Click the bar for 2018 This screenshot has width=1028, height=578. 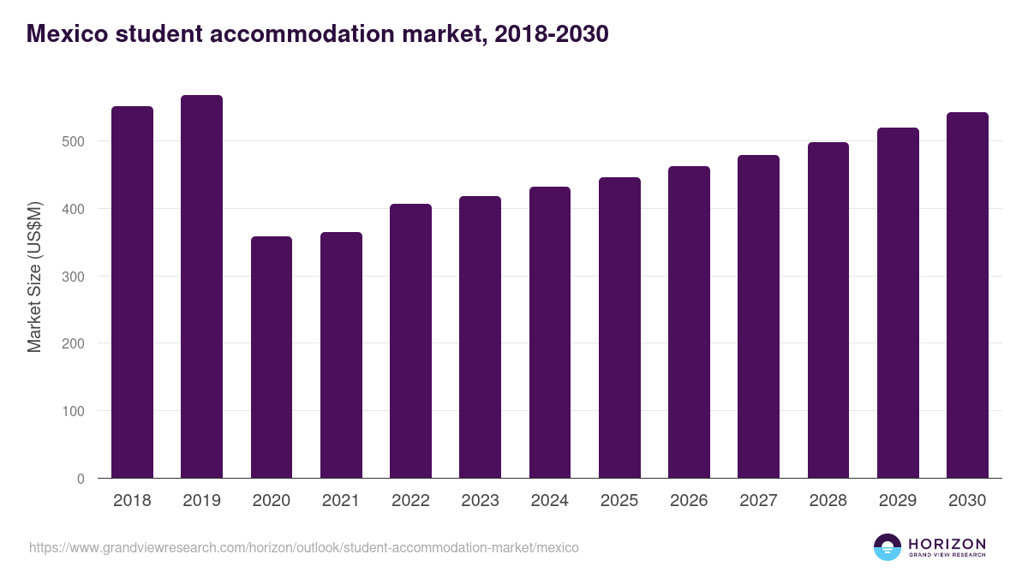pyautogui.click(x=132, y=292)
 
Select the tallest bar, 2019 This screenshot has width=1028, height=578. pyautogui.click(x=201, y=287)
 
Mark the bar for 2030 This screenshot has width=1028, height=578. pyautogui.click(x=967, y=295)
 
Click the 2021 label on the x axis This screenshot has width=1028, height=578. pyautogui.click(x=341, y=501)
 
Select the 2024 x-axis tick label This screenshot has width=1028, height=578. pyautogui.click(x=549, y=501)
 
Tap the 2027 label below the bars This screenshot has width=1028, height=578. pyautogui.click(x=758, y=501)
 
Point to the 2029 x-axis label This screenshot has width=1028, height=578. pyautogui.click(x=898, y=501)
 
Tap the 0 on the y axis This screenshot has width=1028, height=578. pyautogui.click(x=81, y=479)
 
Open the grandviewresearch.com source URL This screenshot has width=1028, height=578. pyautogui.click(x=304, y=547)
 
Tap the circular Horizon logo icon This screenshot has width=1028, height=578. pyautogui.click(x=887, y=547)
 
